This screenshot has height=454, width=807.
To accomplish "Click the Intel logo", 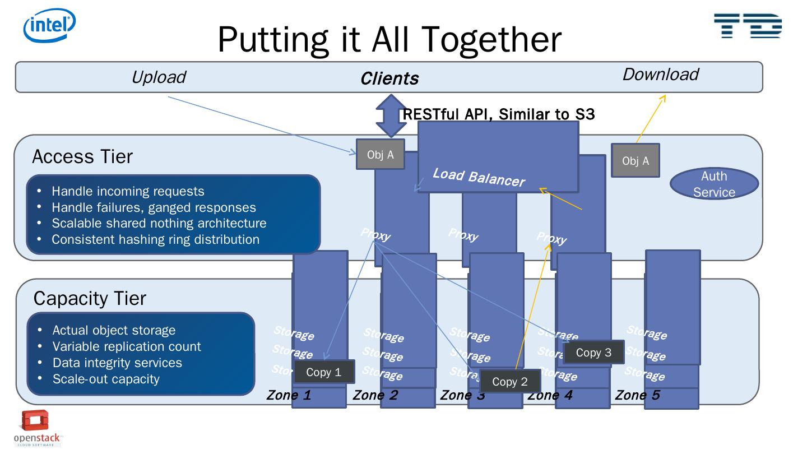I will coord(49,25).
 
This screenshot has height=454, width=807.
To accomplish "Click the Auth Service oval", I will coord(714,184).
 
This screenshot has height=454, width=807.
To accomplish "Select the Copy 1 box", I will coord(324,372).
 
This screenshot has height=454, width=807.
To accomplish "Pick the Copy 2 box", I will coord(510,382).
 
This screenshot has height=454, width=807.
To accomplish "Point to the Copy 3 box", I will coord(593,353).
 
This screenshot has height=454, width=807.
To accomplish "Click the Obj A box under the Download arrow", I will coord(635,161).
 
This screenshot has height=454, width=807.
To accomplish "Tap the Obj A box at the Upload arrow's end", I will coord(380,155).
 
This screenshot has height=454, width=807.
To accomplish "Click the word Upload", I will coord(158,77).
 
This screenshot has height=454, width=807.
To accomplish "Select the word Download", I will coord(660,75).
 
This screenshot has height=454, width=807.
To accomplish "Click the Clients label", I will coord(389,78).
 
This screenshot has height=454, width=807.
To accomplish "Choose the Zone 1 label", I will coord(289,395).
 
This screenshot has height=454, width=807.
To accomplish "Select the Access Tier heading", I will coord(82,157).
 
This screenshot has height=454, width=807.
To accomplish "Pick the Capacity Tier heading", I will coord(90,298).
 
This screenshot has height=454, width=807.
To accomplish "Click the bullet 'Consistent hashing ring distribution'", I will coord(155,239).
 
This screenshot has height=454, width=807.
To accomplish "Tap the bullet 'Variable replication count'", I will coord(127,346).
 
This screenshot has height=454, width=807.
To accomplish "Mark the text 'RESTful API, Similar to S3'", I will coord(498,114).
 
